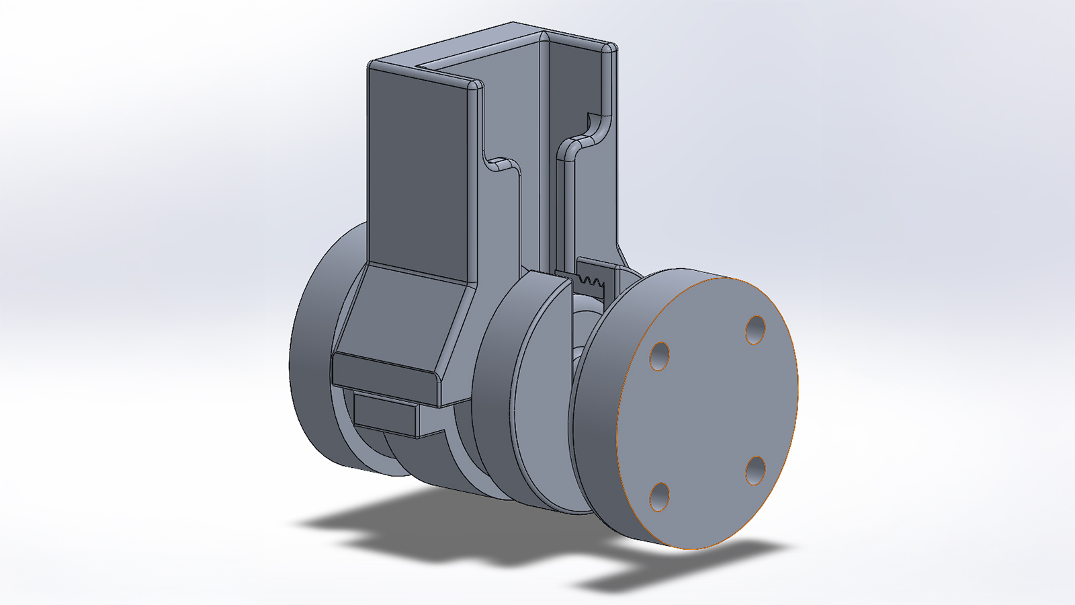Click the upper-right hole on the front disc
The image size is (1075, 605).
tap(756, 329)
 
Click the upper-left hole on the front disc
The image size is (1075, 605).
tap(660, 356)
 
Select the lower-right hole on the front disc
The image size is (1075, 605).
tap(756, 471)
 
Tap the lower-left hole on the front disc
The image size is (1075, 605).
tap(660, 497)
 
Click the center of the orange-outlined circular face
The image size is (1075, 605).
tap(707, 413)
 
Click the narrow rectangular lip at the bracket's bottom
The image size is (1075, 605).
tap(383, 373)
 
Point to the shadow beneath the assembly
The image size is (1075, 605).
tap(437, 531)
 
